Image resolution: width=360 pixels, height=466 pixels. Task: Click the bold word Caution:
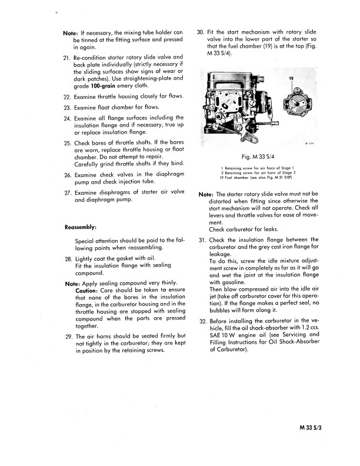(88, 291)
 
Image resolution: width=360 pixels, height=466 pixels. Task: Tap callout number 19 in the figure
(291, 78)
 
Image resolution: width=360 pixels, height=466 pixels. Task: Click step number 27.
(66, 192)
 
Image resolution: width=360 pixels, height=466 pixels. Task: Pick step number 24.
(66, 118)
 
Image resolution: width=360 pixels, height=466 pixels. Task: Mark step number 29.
(66, 336)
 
